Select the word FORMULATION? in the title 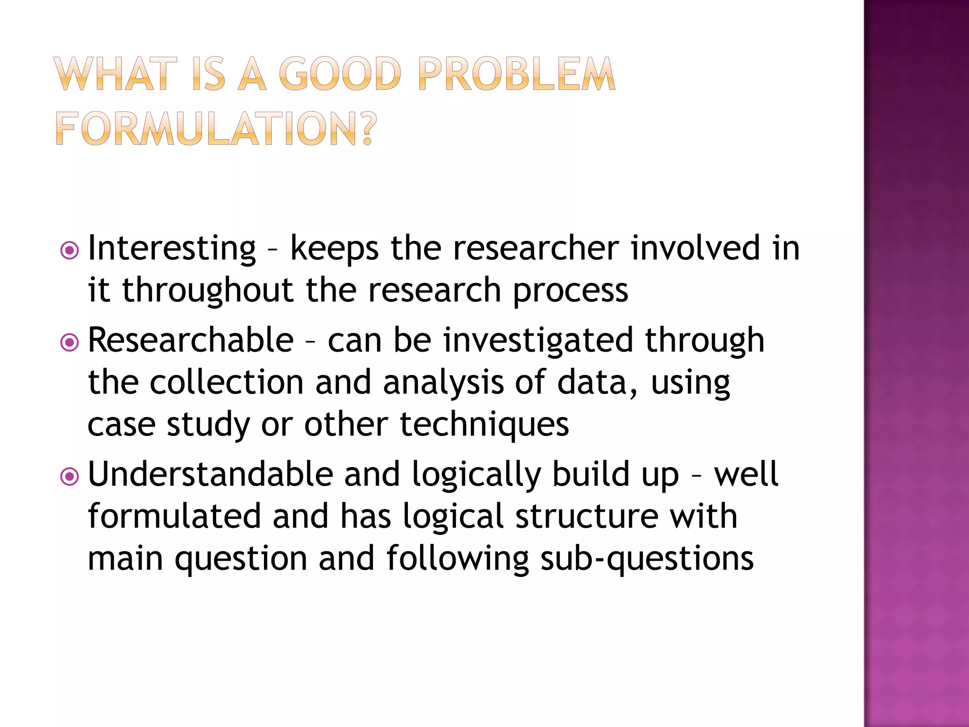(x=216, y=129)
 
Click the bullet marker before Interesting (x=70, y=250)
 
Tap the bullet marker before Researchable (x=70, y=342)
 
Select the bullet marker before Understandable (x=70, y=477)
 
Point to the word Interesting (x=172, y=248)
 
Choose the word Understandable (x=211, y=474)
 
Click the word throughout (x=208, y=290)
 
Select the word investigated (x=538, y=341)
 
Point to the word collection (x=227, y=382)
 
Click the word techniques (x=484, y=425)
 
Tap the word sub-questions (x=647, y=559)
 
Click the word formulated (x=175, y=516)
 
